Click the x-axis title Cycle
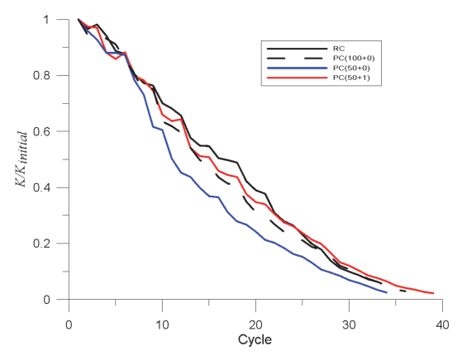pos(255,339)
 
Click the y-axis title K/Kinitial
pos(21,159)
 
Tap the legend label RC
pos(339,49)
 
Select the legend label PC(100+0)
pos(354,59)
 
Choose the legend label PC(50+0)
pos(351,68)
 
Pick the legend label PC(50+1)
pos(351,78)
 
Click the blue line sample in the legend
pos(297,68)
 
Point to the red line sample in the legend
pos(297,78)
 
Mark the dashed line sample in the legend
pos(297,59)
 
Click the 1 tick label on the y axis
pos(46,20)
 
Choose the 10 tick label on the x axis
pos(162,325)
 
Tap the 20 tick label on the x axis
pos(255,325)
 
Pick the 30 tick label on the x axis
pos(349,325)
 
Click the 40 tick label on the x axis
pos(442,325)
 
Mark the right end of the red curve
pos(433,293)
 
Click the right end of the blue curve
pos(387,292)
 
